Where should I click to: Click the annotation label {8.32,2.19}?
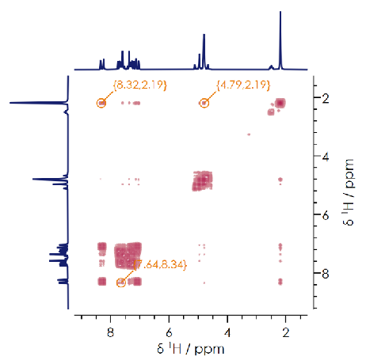point(140,85)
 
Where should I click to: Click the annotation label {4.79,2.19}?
point(243,85)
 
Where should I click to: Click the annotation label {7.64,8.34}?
point(161,264)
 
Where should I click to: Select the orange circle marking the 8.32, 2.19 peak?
point(101,103)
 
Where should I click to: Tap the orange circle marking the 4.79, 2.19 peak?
point(204,103)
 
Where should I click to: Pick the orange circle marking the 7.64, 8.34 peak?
point(121,282)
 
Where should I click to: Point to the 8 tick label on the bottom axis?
point(111,332)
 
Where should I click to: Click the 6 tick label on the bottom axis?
point(169,332)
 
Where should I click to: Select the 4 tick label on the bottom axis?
point(227,332)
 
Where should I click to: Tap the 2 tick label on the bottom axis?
point(286,332)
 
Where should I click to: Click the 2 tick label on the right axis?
point(326,98)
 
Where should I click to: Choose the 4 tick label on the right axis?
point(326,157)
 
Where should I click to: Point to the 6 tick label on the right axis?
point(326,215)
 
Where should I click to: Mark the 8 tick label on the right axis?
point(326,274)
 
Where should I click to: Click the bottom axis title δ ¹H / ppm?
point(191,349)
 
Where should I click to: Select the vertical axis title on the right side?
point(349,192)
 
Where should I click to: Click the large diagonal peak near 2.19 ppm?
point(280,103)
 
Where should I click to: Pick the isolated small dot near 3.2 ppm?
point(249,135)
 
